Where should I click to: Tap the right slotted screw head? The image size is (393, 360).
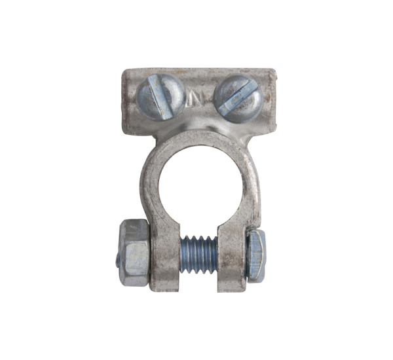238,96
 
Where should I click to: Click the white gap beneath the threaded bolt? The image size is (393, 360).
198,281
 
